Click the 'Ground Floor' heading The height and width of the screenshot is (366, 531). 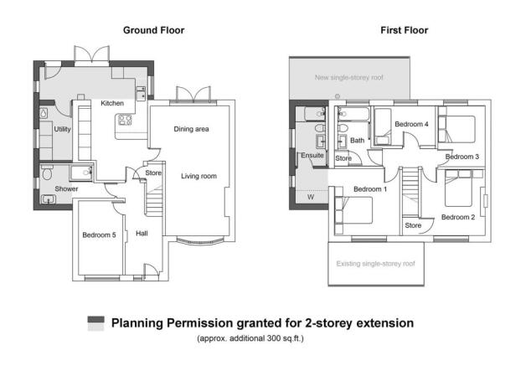(153, 30)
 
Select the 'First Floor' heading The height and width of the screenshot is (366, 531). (405, 30)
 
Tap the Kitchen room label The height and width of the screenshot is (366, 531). (112, 103)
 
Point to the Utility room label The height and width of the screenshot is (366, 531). (62, 130)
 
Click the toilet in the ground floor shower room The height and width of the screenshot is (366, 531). (46, 174)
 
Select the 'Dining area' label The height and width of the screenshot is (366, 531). (191, 129)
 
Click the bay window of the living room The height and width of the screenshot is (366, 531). (199, 241)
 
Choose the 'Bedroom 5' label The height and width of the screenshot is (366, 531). (99, 235)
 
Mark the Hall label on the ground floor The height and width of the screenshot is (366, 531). (142, 233)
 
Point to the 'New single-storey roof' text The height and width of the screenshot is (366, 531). (349, 77)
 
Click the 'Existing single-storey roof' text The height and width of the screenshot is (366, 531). (375, 263)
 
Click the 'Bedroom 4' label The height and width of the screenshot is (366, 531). (411, 124)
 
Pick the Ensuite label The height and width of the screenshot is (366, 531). (311, 155)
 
